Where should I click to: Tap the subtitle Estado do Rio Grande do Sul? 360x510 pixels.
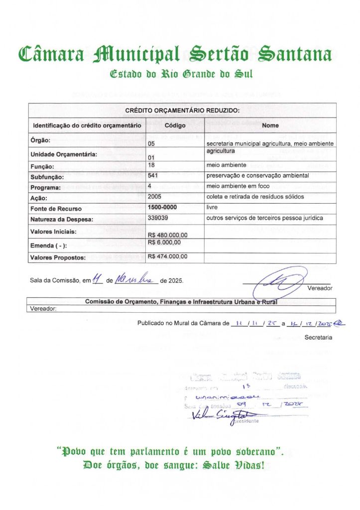181,75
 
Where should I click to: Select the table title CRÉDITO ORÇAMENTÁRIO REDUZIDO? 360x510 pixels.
182,110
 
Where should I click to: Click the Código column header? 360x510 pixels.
175,126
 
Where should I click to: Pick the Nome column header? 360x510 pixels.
270,126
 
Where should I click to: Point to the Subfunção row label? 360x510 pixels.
47,177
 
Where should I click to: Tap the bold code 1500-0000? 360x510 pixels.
162,206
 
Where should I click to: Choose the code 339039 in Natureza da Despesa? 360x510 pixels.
158,218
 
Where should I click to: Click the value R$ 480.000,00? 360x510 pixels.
168,235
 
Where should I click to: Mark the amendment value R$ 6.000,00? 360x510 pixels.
164,242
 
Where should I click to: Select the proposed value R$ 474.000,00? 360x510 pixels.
168,256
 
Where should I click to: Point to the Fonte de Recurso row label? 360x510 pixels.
56,209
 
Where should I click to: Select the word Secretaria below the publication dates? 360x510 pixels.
318,338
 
